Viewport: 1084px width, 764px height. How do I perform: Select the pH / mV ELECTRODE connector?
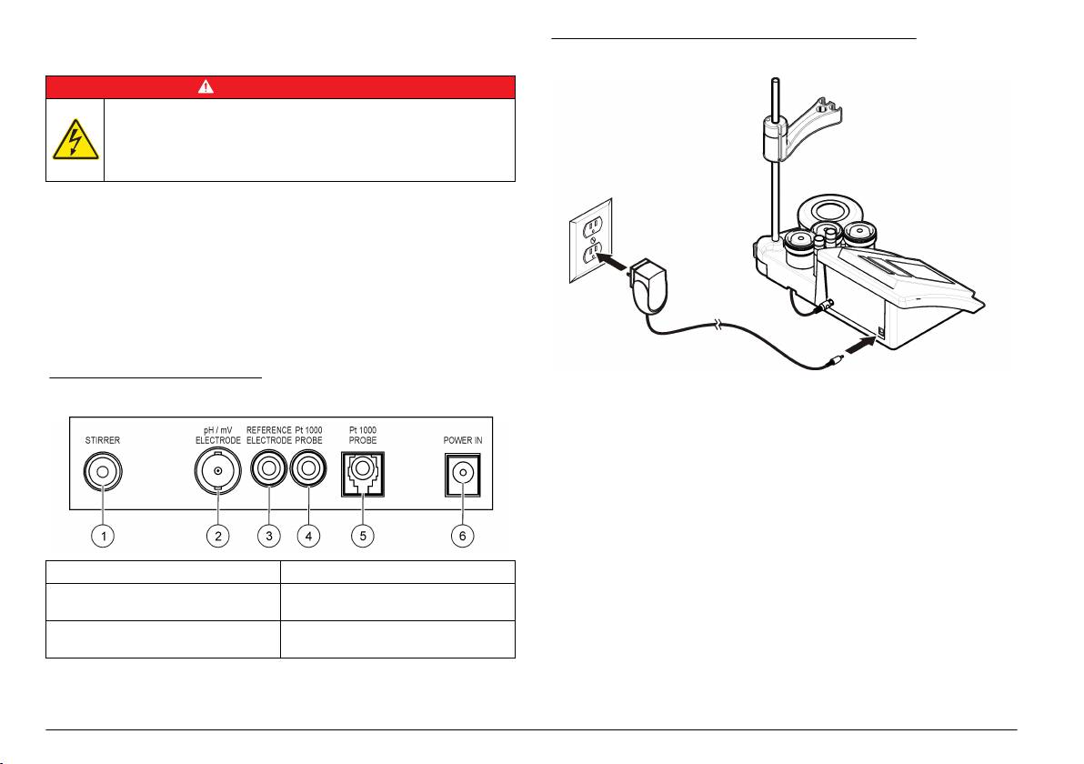tap(217, 473)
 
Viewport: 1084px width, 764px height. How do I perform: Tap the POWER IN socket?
tap(461, 474)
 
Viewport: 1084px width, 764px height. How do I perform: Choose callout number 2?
tap(217, 536)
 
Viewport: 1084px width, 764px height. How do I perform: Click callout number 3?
tap(267, 536)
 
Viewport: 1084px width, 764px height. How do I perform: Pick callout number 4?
tap(309, 536)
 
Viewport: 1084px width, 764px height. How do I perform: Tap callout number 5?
tap(363, 536)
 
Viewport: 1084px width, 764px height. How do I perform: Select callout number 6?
tap(461, 536)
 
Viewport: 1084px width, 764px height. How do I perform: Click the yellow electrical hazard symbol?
tap(75, 140)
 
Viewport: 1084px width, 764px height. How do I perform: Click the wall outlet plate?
tap(596, 241)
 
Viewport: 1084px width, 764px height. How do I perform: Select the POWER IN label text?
tap(462, 439)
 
